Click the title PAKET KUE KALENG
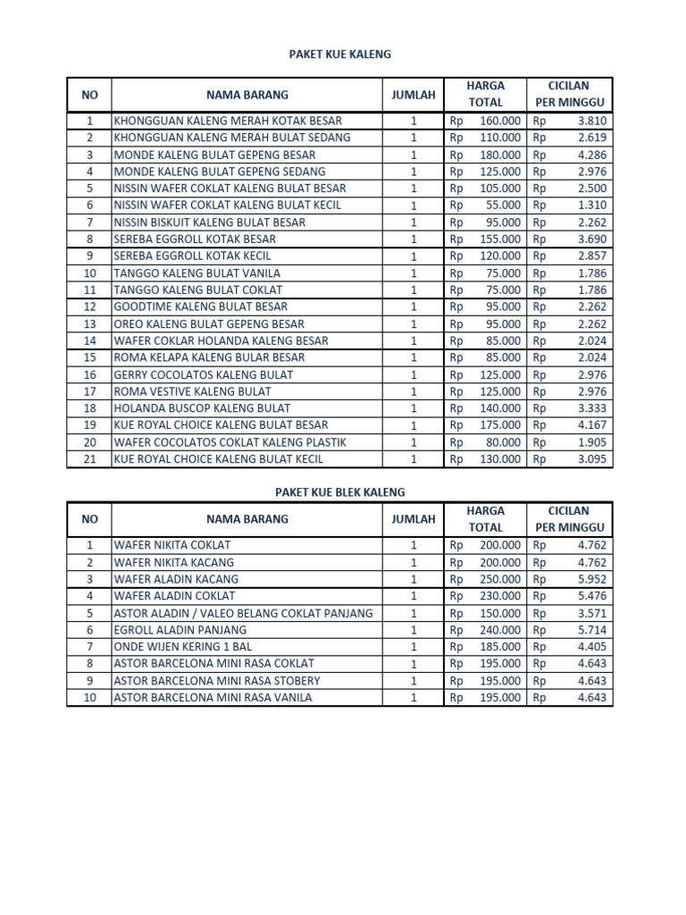pos(339,55)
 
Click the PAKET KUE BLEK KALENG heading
pos(339,492)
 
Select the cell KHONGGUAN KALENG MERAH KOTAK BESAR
pos(228,121)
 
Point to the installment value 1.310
pos(591,206)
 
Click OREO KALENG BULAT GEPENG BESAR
pos(209,324)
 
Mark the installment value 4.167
pos(591,425)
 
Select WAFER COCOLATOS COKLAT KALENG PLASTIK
pos(230,442)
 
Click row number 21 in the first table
pos(89,459)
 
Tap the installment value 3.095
pos(591,459)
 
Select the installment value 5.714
pos(591,629)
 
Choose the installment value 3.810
pos(591,121)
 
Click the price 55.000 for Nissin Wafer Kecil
pos(500,206)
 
